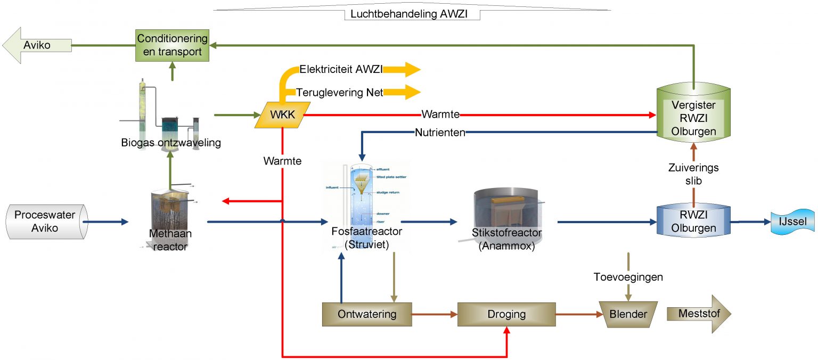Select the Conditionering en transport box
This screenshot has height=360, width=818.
point(172,45)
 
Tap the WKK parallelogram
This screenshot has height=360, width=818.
point(281,114)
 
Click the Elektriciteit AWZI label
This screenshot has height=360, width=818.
point(341,69)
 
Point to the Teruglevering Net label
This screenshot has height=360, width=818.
point(340,92)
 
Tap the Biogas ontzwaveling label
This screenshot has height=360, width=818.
point(170,143)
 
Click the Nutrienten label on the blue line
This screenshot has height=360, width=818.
point(440,133)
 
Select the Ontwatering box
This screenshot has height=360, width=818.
point(367,314)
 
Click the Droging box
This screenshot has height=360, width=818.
point(506,314)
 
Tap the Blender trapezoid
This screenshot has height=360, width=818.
point(628,314)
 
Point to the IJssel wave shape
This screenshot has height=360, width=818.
point(792,222)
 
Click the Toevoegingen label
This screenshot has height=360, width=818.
point(628,277)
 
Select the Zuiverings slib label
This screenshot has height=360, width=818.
point(693,174)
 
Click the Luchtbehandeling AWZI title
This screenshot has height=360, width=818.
point(408,14)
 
